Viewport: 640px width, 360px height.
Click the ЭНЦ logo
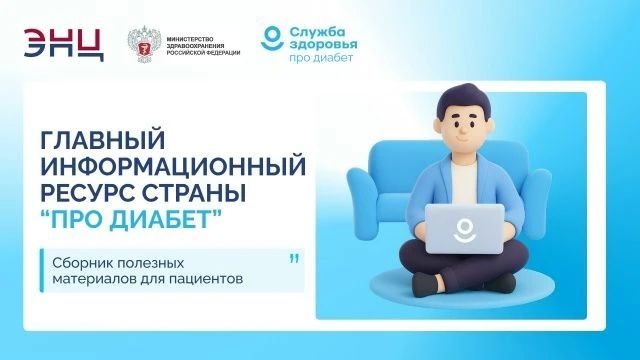(x=64, y=44)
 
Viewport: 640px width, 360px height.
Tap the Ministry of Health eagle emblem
(x=144, y=44)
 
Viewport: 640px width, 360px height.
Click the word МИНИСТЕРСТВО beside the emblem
(x=190, y=39)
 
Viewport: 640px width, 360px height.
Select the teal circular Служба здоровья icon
(x=272, y=38)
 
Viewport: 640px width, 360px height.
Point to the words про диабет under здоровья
(x=321, y=58)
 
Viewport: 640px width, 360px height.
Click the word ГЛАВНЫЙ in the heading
(x=103, y=140)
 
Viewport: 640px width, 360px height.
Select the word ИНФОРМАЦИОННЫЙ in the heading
(x=173, y=166)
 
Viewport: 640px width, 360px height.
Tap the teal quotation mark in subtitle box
(x=294, y=259)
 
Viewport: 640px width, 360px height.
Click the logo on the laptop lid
(x=464, y=231)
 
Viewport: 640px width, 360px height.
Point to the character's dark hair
(x=464, y=99)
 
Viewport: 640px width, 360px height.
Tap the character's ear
(x=438, y=127)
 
